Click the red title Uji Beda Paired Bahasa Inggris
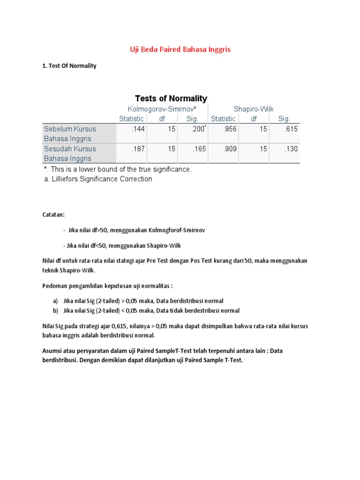coord(180,49)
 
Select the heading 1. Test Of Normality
coord(69,66)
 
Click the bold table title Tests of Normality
coord(171,98)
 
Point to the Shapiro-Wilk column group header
coord(254,109)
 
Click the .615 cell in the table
coord(291,129)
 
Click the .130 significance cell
coord(291,149)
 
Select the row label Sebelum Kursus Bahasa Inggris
coord(70,134)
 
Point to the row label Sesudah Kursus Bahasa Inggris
coord(70,153)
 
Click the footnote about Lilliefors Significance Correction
coord(97,179)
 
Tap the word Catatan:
coord(53,214)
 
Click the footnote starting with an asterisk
coord(118,169)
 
